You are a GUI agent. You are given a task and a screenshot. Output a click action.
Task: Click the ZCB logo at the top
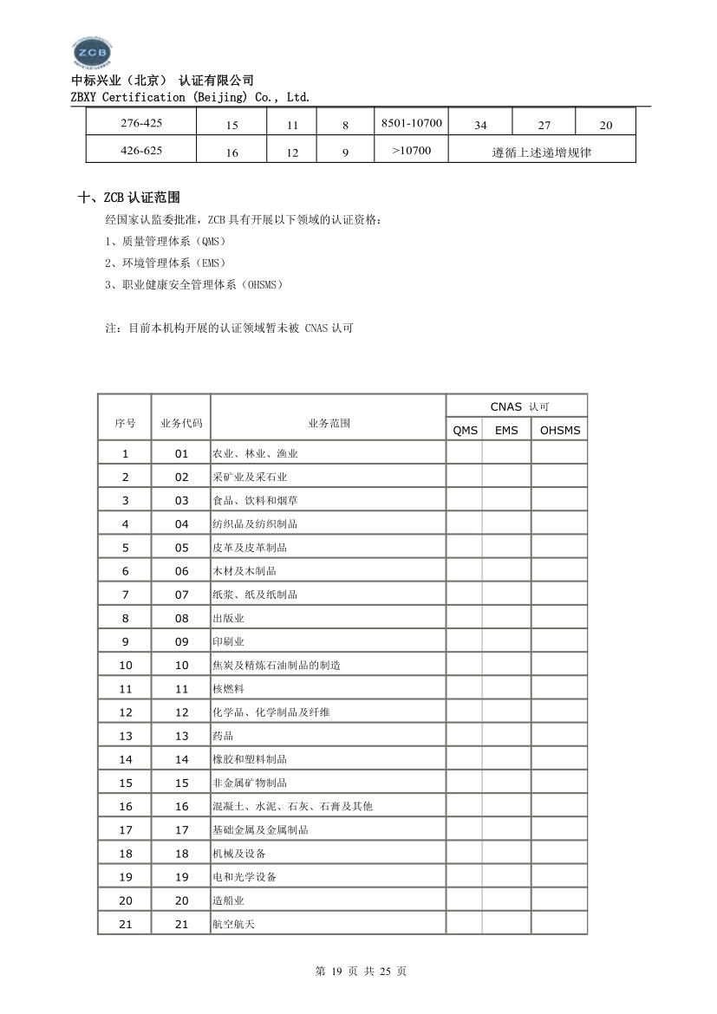pyautogui.click(x=92, y=54)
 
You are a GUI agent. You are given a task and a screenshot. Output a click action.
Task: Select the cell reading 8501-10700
pyautogui.click(x=412, y=123)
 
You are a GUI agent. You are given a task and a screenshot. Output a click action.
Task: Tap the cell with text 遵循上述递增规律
pyautogui.click(x=543, y=152)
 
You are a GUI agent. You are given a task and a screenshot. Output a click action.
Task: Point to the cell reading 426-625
pyautogui.click(x=141, y=150)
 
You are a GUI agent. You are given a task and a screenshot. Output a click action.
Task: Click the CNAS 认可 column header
pyautogui.click(x=518, y=406)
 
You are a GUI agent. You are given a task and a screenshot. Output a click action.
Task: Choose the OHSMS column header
pyautogui.click(x=559, y=430)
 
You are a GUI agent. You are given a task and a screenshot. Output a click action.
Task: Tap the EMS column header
pyautogui.click(x=506, y=430)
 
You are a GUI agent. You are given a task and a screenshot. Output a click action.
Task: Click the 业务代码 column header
pyautogui.click(x=181, y=424)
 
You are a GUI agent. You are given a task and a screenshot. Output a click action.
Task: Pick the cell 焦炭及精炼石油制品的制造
pyautogui.click(x=276, y=666)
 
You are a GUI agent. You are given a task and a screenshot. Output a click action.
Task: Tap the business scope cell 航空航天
pyautogui.click(x=233, y=924)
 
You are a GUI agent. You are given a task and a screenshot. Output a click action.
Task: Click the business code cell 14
pyautogui.click(x=181, y=759)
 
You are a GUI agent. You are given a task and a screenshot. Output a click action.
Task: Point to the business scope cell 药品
pyautogui.click(x=223, y=736)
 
